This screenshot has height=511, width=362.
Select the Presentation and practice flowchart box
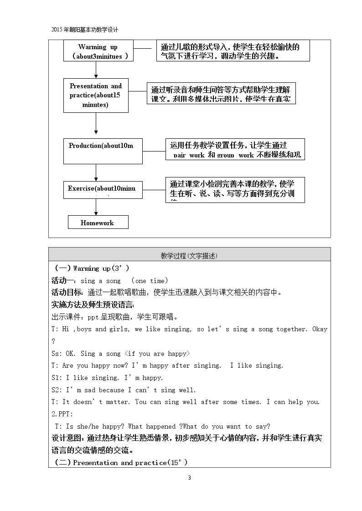96,95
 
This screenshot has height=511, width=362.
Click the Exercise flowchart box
103,189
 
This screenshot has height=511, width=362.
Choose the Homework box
98,223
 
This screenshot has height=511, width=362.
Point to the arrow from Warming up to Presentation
96,70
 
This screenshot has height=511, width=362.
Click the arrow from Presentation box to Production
96,123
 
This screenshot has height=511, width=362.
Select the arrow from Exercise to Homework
96,207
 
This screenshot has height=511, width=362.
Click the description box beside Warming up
234,51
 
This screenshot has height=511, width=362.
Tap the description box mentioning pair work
235,150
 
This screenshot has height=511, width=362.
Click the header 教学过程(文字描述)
189,256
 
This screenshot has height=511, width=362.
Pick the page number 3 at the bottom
190,477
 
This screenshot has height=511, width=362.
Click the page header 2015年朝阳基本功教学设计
85,30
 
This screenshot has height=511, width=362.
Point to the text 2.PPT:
62,414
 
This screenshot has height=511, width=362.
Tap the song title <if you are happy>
157,354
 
